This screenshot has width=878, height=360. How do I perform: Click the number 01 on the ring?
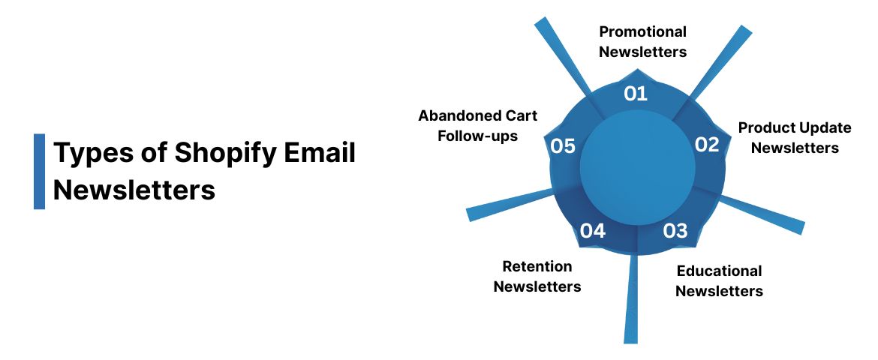point(636,94)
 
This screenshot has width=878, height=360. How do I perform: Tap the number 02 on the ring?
point(706,145)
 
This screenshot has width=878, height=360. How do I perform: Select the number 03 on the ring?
point(675,231)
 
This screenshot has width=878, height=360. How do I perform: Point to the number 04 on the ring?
point(593,231)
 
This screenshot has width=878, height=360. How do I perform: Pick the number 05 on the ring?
point(563,145)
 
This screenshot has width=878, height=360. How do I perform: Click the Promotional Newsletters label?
point(642,42)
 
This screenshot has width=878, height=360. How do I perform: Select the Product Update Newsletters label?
point(795,137)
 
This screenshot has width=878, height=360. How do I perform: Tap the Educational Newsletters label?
point(719,280)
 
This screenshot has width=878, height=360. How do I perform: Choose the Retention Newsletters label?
point(537,276)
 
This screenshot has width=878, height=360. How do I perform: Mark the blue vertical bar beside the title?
point(39,171)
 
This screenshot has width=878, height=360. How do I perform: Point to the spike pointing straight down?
point(633,307)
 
